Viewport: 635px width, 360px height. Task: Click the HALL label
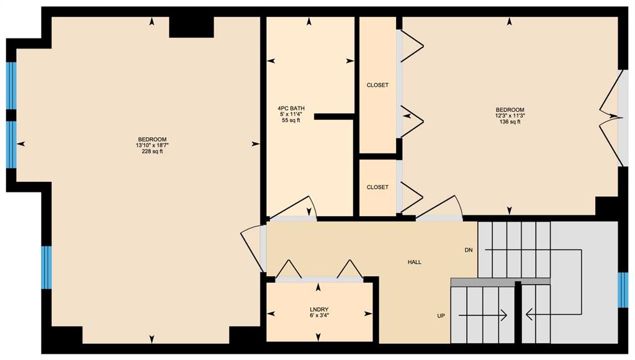click(x=414, y=263)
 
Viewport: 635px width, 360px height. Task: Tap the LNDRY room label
click(x=318, y=310)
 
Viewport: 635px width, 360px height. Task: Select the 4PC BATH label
click(x=290, y=109)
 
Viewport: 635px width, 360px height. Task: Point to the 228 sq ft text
click(x=152, y=151)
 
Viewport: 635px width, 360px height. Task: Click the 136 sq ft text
click(x=510, y=122)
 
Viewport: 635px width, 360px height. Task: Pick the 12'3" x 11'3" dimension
click(x=510, y=116)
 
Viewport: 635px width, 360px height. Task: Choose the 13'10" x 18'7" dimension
click(x=152, y=145)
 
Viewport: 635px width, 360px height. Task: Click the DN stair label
click(x=469, y=250)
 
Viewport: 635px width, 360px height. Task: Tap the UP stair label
click(x=441, y=316)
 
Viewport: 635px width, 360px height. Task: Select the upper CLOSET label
click(x=377, y=85)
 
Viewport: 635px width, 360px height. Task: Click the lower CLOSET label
click(x=377, y=187)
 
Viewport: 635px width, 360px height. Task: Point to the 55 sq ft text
click(x=290, y=120)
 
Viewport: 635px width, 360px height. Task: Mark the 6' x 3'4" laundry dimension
click(x=318, y=316)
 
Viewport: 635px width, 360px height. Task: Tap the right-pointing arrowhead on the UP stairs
click(x=504, y=315)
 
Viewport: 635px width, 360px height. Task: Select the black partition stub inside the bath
click(x=335, y=117)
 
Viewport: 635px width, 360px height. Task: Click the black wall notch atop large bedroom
click(x=191, y=27)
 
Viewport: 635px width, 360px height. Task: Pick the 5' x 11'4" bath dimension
click(x=290, y=115)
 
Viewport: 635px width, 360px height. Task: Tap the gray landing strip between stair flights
click(x=500, y=282)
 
